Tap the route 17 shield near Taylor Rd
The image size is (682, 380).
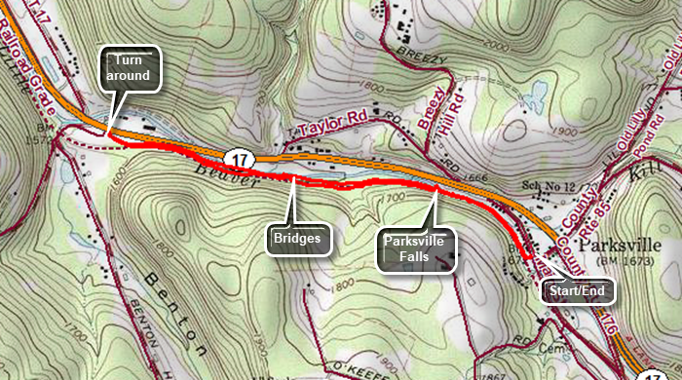237,157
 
